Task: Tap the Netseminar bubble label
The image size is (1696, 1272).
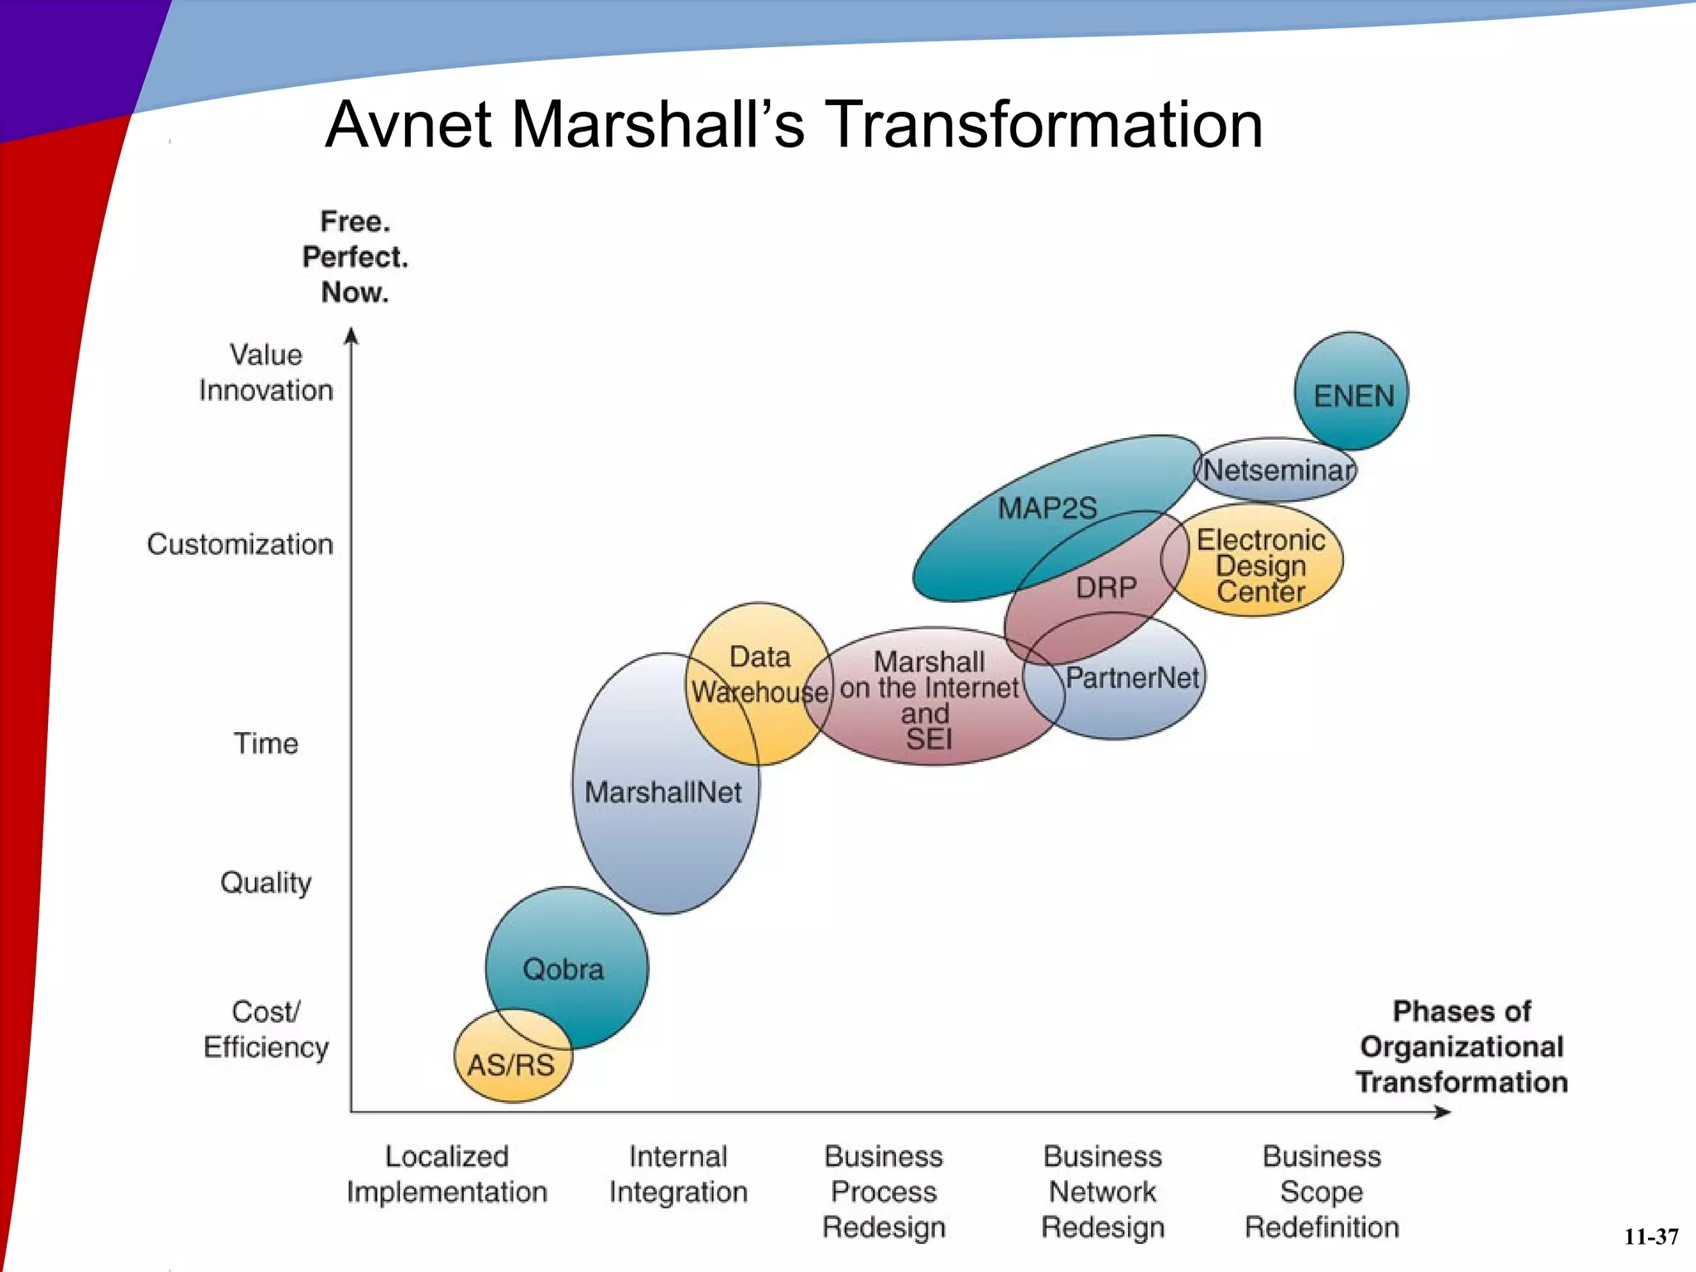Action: pos(1279,470)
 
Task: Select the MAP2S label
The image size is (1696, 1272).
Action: pos(1047,508)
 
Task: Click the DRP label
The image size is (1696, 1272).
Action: pos(1106,588)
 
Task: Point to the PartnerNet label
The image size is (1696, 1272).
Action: pos(1132,678)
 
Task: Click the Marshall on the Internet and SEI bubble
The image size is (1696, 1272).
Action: pos(929,700)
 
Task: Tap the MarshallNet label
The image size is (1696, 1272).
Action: pos(662,793)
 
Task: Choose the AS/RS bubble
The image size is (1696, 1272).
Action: pos(511,1064)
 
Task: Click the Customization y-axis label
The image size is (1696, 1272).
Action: pos(240,544)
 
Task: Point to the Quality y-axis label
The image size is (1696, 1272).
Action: pos(266,883)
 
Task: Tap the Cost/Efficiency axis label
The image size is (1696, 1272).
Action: pos(266,1029)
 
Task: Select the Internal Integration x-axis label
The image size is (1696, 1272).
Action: pos(678,1174)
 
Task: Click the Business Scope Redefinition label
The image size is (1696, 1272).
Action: pos(1322,1192)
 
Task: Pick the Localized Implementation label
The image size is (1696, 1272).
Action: pos(447,1174)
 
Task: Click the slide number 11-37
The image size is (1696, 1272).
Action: pos(1650,1237)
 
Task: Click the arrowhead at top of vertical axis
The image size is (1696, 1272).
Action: pos(351,335)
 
